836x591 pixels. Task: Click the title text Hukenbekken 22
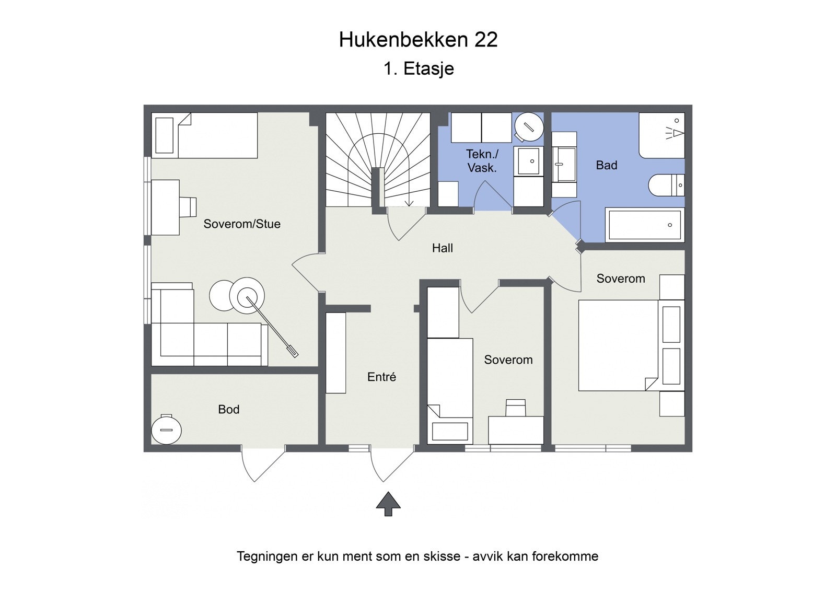coord(418,40)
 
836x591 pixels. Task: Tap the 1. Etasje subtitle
coord(419,68)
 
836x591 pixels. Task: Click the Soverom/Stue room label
coord(242,224)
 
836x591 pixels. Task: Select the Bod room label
coord(228,409)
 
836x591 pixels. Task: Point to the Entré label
coord(381,377)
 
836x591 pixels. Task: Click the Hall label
coord(442,248)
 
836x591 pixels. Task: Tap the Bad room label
coord(606,165)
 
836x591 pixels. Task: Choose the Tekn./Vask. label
coord(482,161)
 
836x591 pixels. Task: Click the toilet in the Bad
coord(666,184)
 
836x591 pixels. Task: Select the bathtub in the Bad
coord(645,225)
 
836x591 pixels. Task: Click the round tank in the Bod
coord(166,430)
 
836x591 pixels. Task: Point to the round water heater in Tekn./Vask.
coord(528,127)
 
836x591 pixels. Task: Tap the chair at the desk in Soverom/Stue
coord(188,206)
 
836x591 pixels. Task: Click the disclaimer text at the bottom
coord(417,556)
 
